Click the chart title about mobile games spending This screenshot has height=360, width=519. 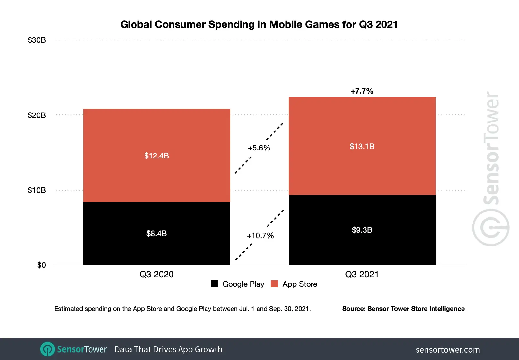259,24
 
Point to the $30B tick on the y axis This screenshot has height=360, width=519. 37,40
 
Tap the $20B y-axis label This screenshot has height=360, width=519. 37,115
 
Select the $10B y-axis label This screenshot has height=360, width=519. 37,190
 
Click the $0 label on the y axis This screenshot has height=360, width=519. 41,265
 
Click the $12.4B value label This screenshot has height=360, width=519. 156,156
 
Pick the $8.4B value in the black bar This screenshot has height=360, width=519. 156,233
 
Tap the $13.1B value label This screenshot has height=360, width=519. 362,147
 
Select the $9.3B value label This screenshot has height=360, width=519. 362,230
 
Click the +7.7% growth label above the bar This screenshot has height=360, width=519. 362,91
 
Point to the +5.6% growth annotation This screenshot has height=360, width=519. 259,148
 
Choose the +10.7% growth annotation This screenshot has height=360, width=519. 260,236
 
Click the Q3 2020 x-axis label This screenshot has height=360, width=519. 156,274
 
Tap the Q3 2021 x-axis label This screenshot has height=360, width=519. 362,274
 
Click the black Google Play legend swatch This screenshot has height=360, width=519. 214,284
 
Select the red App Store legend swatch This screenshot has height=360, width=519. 274,284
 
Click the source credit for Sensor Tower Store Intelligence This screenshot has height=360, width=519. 403,309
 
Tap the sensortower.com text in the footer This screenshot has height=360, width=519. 448,350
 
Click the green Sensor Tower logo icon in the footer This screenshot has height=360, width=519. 48,349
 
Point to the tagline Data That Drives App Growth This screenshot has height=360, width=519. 168,349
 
